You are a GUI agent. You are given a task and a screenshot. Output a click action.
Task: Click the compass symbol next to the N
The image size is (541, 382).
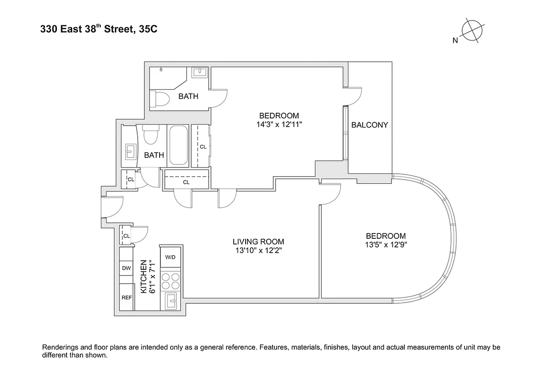coord(473,30)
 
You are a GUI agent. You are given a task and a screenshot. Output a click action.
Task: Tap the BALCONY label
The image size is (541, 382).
coord(369,125)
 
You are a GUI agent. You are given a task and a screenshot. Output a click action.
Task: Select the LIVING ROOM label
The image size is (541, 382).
coord(258,242)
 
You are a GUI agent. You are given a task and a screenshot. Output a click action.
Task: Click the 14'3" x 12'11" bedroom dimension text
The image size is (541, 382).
coord(279,124)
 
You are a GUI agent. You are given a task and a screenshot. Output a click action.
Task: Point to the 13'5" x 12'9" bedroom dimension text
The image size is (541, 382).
coord(386,244)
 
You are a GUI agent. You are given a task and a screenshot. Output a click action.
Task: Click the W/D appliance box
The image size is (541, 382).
coord(171,257)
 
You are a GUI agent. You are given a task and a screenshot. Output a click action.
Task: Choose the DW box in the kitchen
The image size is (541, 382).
coord(126,268)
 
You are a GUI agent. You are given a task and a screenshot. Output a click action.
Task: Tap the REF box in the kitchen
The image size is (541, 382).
coord(126,297)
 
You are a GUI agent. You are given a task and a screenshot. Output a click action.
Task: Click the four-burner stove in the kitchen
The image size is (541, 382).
coord(171,280)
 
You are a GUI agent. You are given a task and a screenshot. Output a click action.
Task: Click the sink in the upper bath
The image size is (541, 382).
coord(199,73)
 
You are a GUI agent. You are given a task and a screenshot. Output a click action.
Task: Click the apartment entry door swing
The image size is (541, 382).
coord(113,208)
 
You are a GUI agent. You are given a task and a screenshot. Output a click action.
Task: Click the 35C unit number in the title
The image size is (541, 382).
coord(148,30)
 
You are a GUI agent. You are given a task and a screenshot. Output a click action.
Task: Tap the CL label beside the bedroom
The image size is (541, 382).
coord(203,147)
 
